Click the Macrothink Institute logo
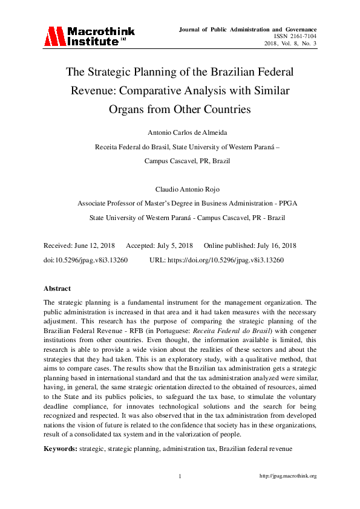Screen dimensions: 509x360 pos(88,36)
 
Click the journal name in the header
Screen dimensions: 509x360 pos(247,29)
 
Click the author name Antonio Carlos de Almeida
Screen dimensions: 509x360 pos(180,133)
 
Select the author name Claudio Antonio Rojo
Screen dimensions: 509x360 pos(180,190)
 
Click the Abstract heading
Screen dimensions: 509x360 pos(57,288)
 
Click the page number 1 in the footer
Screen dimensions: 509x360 pos(180,476)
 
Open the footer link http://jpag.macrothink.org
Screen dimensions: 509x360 pos(287,476)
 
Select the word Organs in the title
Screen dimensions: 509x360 pos(143,110)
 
